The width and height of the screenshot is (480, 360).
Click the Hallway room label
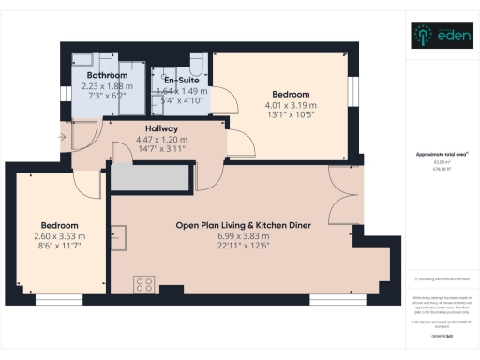point(161,129)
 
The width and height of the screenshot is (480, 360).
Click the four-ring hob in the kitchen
point(144,283)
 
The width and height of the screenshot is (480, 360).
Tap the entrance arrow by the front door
point(62,138)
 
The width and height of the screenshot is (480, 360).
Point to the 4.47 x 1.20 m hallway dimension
point(161,141)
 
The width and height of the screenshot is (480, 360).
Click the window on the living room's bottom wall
point(337,301)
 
